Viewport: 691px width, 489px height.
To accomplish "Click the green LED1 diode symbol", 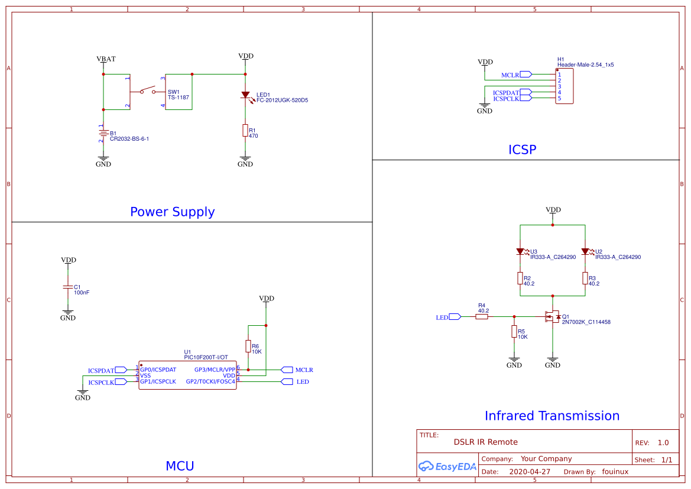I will (245, 95).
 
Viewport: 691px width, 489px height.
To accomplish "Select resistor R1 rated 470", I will (245, 130).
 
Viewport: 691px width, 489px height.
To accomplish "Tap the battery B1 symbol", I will (103, 134).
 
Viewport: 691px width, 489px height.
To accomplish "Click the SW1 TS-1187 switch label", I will (178, 95).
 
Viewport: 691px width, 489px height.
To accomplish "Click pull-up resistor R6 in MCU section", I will (248, 347).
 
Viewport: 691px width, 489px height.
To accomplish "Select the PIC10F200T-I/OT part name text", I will (207, 358).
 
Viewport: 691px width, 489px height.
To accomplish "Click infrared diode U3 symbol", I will (520, 251).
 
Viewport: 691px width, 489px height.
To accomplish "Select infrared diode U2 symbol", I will (585, 251).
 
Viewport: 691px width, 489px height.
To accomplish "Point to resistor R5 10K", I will (514, 332).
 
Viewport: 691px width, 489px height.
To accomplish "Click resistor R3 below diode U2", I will (585, 278).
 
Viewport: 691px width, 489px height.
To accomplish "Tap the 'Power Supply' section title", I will (172, 212).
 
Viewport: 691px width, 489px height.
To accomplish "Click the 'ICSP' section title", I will (522, 150).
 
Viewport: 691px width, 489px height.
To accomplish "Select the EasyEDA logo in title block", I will (447, 467).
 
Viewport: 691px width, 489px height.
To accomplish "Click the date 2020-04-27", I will (530, 472).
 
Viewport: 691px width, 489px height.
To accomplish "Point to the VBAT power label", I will (106, 59).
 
